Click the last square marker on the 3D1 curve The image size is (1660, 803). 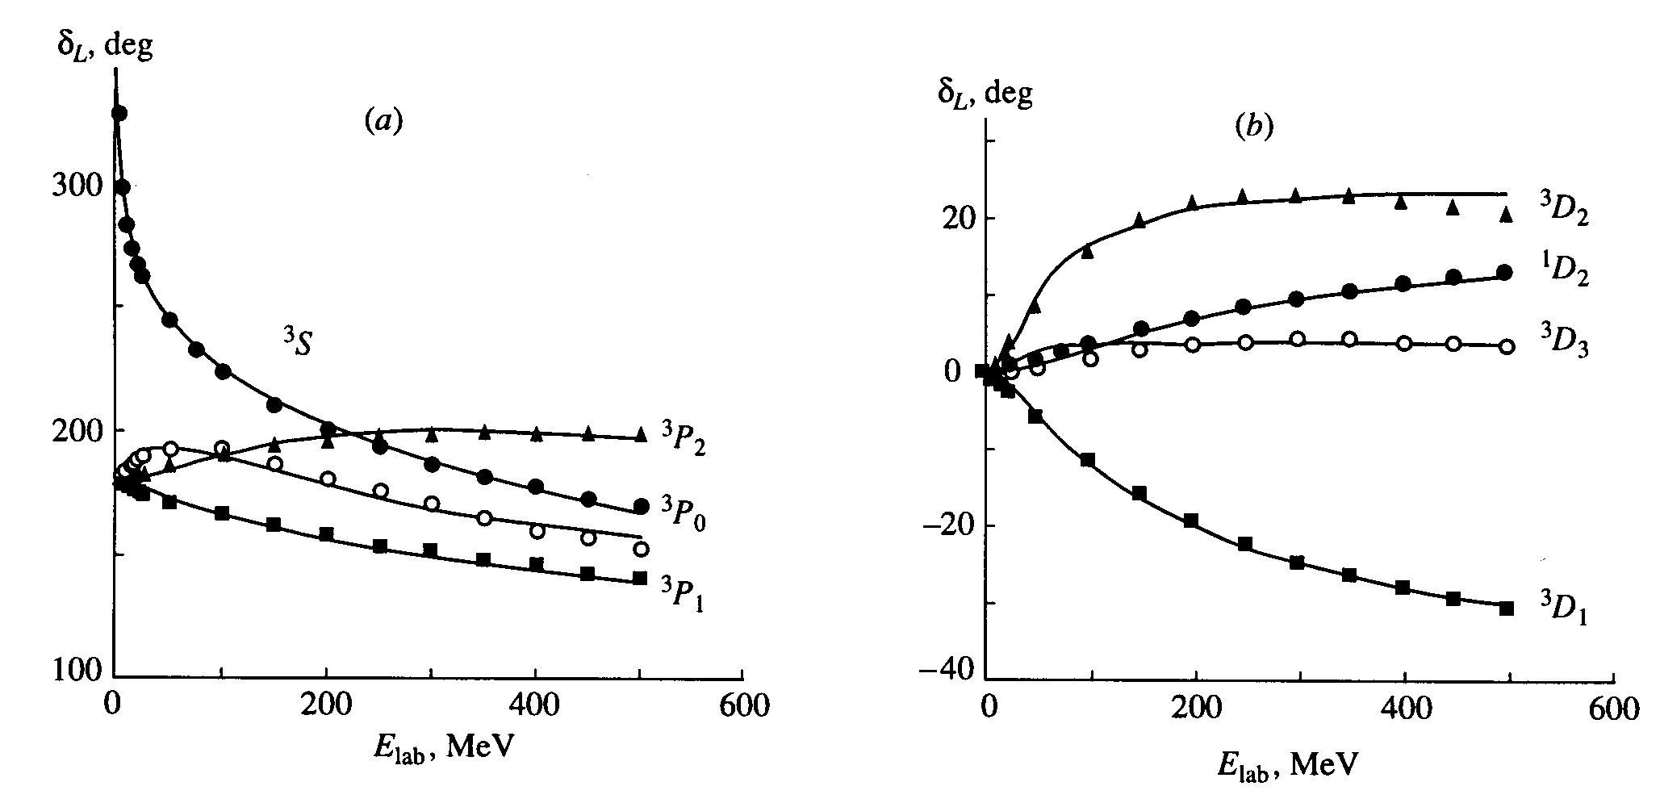(1506, 609)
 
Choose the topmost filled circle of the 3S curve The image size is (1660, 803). (119, 113)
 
